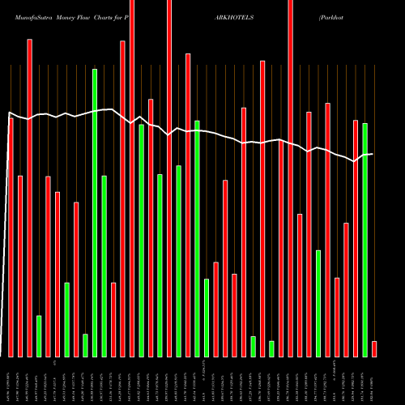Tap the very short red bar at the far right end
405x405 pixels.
tap(374, 349)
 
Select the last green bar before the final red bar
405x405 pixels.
tap(364, 240)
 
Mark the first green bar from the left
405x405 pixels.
tap(39, 336)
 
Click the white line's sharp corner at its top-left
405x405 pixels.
tap(9, 113)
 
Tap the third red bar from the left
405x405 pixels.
tap(29, 198)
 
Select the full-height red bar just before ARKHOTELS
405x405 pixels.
tap(169, 178)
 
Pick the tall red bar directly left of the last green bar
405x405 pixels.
tap(356, 238)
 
